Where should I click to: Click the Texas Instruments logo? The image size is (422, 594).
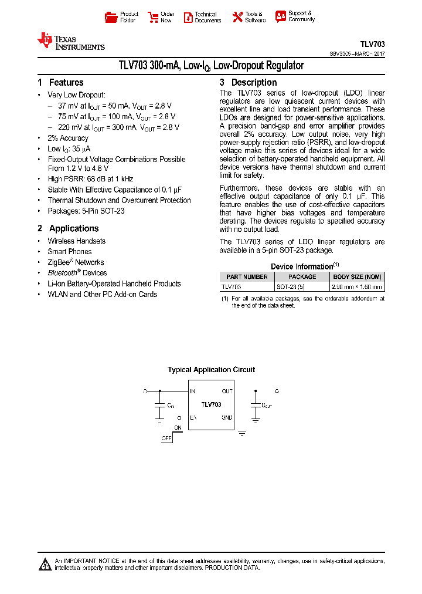70,41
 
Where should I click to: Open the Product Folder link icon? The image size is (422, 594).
111,17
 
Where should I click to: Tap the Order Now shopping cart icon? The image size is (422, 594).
153,17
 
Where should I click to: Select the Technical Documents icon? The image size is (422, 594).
188,17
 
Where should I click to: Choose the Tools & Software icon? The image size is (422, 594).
237,17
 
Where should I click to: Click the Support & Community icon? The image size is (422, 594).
281,16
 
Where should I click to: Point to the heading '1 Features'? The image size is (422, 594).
60,83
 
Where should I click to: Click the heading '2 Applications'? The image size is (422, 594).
68,228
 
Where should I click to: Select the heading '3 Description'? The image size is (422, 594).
248,83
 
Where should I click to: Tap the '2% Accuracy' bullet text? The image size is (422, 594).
68,139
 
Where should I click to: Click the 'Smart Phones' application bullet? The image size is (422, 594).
70,252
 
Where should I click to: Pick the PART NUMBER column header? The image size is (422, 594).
247,276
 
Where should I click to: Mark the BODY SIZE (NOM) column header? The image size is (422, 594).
357,276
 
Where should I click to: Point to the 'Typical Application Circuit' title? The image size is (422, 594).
211,370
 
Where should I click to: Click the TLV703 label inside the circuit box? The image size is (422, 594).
211,404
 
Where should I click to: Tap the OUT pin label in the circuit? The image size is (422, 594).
227,391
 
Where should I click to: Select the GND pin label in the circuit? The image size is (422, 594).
227,418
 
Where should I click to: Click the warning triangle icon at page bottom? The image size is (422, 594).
45,564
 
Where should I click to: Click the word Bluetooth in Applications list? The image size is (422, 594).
62,273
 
